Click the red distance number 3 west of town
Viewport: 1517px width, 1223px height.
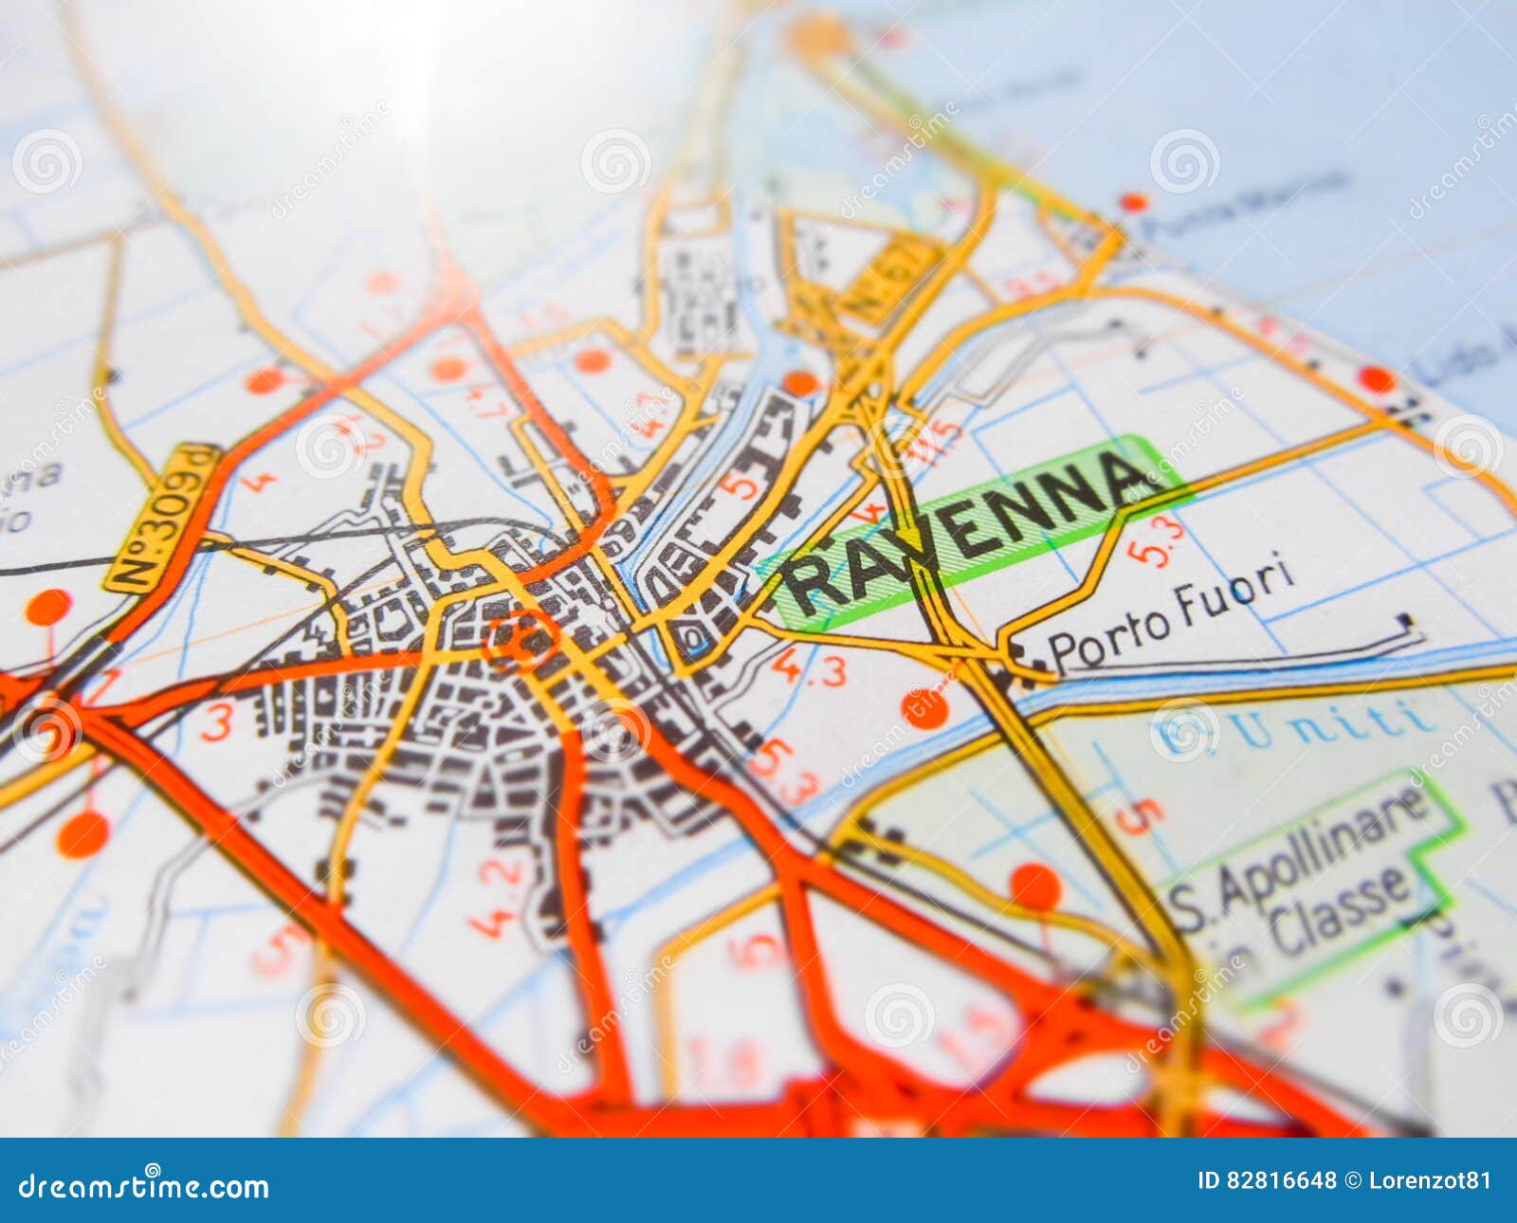(216, 722)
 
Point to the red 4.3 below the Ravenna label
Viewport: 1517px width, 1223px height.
(808, 668)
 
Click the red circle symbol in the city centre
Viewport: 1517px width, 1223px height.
(521, 641)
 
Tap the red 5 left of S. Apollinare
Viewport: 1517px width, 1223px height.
(1139, 815)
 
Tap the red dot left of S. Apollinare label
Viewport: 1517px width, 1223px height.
(1035, 886)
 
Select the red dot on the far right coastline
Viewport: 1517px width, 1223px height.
(1377, 379)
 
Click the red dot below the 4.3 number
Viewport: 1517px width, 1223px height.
(924, 708)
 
